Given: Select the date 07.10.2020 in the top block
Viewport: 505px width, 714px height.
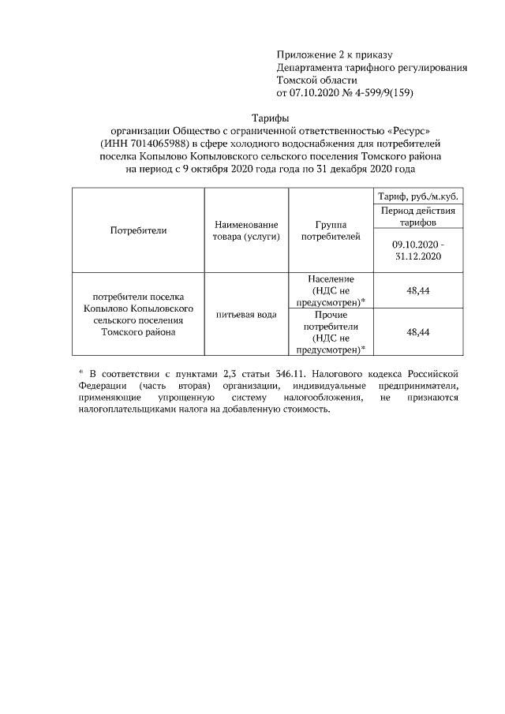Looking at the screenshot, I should [316, 92].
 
